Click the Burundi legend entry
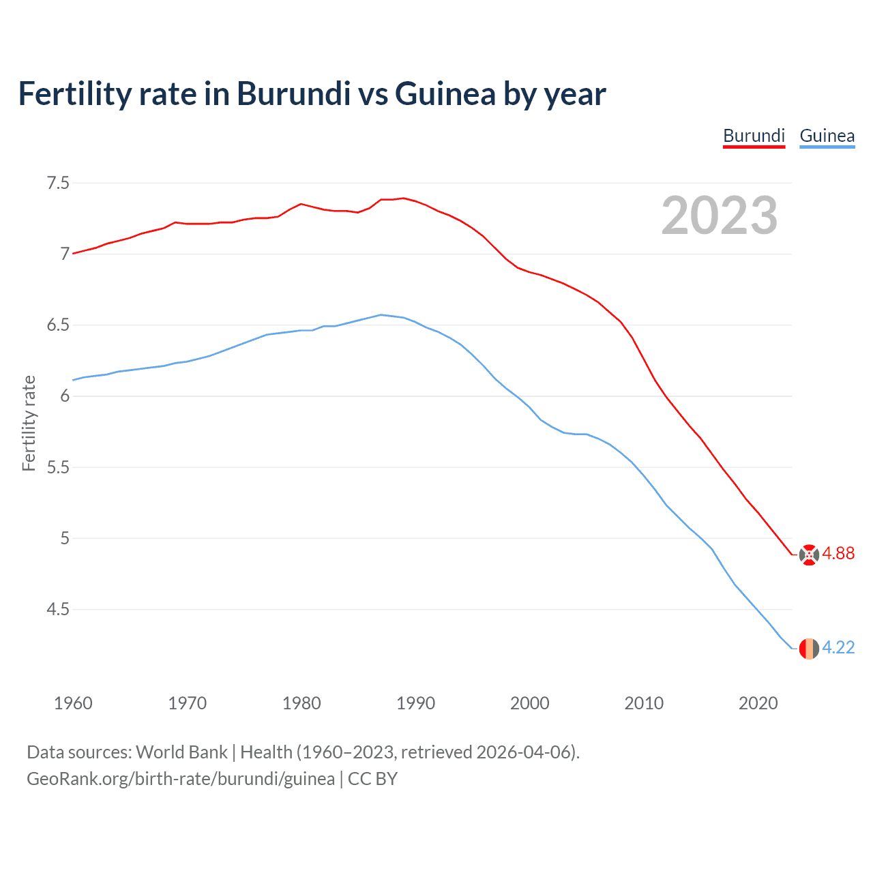[x=754, y=136]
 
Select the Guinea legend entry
[x=827, y=136]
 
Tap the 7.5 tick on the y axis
[x=57, y=183]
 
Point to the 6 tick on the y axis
[x=65, y=396]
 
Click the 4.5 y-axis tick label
[x=57, y=609]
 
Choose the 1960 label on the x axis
[x=73, y=703]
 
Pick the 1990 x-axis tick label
[x=415, y=703]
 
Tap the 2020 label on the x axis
[x=758, y=703]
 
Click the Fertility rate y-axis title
[x=29, y=423]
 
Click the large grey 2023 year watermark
[x=719, y=216]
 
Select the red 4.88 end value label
[x=838, y=553]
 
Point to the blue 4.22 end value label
[x=838, y=647]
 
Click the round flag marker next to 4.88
[x=809, y=554]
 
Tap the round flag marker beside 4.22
[x=809, y=648]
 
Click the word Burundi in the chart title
[x=293, y=93]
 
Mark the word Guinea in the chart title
[x=445, y=93]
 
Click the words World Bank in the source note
[x=181, y=752]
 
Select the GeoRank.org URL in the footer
[x=181, y=779]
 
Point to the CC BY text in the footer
[x=372, y=779]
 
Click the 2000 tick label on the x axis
[x=529, y=703]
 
